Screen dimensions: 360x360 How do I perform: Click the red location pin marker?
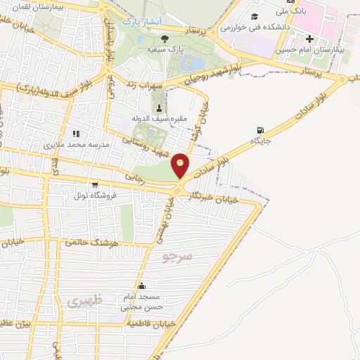click(x=181, y=165)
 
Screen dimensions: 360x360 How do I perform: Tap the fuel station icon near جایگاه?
click(x=262, y=130)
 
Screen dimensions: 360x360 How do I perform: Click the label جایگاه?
click(x=261, y=141)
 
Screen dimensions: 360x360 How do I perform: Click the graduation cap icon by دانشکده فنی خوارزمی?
click(x=253, y=15)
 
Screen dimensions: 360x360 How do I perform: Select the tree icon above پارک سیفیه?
click(x=164, y=39)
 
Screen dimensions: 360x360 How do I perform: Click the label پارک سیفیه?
click(x=162, y=51)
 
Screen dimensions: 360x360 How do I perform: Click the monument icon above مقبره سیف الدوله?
click(x=158, y=108)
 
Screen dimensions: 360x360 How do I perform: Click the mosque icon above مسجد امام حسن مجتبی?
click(x=143, y=285)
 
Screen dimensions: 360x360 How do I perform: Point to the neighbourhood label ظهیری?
click(x=85, y=301)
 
